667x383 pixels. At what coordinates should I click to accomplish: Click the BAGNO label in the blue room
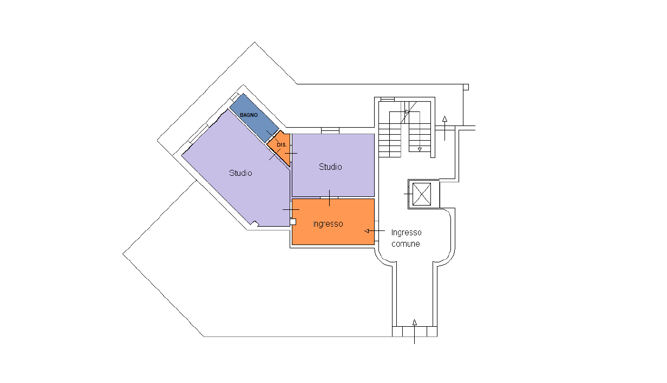coord(249,115)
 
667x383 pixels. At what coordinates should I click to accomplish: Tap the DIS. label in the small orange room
coord(282,145)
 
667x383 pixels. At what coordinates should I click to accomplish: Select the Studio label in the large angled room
coord(240,173)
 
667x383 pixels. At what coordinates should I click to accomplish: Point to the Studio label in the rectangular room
coord(330,167)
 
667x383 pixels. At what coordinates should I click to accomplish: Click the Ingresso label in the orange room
coord(328,224)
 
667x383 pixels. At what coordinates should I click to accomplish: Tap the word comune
coord(406,244)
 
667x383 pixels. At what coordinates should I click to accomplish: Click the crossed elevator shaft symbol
coord(422,194)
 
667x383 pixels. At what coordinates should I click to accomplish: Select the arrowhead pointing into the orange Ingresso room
coord(367,231)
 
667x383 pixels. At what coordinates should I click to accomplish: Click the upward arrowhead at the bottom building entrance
coord(415,322)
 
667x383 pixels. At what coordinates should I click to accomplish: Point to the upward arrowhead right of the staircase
coord(444,118)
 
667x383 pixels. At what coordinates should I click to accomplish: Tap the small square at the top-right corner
coord(466,87)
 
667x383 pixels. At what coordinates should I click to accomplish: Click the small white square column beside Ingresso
coord(293,222)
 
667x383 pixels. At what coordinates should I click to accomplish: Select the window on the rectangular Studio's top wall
coord(330,130)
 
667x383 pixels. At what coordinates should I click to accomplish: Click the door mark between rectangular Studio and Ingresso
coord(329,197)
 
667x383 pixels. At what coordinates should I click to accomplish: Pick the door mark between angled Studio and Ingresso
coord(291,209)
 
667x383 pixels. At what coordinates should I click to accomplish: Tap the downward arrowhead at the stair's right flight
coord(420,149)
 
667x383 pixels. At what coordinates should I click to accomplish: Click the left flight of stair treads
coord(390,141)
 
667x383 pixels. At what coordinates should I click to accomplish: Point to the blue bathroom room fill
coord(254,118)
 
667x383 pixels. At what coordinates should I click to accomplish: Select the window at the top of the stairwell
coord(388,100)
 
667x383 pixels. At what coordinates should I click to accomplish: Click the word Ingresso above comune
coord(406,233)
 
